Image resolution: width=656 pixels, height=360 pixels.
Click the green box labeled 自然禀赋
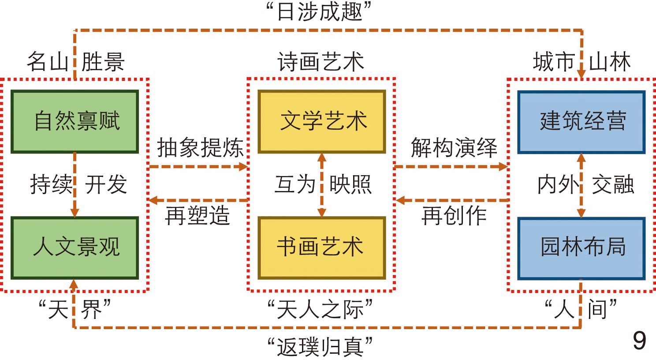click(75, 121)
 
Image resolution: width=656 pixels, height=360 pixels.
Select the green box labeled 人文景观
click(75, 247)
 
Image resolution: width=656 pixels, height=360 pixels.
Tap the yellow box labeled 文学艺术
click(322, 121)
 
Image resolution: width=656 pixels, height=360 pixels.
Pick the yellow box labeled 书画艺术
click(322, 247)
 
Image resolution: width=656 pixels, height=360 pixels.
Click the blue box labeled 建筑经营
click(581, 122)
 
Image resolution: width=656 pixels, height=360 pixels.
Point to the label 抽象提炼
click(200, 148)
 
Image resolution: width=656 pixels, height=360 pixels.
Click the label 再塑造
click(198, 216)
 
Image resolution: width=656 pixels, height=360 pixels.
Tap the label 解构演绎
click(454, 148)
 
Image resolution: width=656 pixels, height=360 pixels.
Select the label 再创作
click(454, 216)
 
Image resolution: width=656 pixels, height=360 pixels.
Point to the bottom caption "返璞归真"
click(321, 347)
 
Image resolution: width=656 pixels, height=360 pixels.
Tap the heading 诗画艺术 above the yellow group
click(321, 62)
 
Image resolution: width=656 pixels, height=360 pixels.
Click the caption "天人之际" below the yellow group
click(321, 309)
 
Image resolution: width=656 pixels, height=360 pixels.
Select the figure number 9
click(639, 341)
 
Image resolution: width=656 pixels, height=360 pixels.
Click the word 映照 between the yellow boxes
click(350, 184)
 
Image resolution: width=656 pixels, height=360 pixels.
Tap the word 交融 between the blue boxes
click(612, 184)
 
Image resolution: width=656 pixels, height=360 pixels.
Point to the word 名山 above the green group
click(47, 62)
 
